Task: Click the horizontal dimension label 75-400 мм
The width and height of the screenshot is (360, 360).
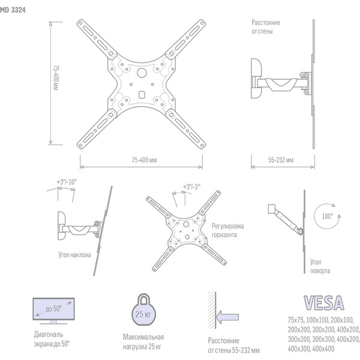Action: click(x=141, y=160)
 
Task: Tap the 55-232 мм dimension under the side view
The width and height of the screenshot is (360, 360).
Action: click(x=280, y=160)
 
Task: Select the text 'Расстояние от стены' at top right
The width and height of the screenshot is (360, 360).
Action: click(x=266, y=27)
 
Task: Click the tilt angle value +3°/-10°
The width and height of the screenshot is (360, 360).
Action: click(x=67, y=182)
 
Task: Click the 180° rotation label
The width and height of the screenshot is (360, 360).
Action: click(x=328, y=217)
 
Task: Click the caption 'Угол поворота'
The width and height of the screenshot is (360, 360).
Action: click(x=319, y=266)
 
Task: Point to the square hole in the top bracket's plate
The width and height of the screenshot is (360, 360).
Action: click(x=142, y=94)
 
